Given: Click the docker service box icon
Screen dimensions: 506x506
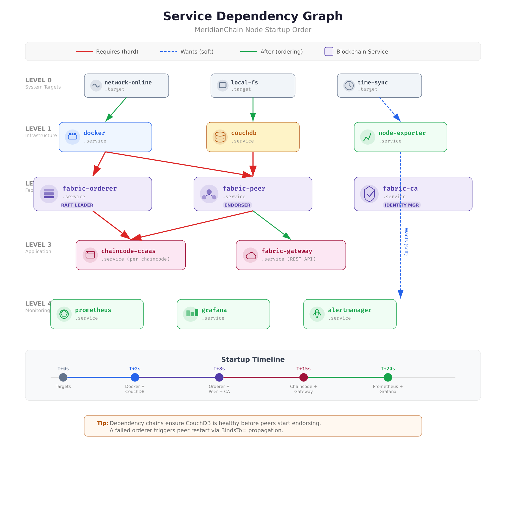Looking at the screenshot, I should pyautogui.click(x=72, y=137).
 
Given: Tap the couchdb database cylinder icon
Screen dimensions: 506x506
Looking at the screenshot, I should pyautogui.click(x=220, y=137).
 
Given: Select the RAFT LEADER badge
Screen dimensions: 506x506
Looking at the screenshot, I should pyautogui.click(x=77, y=205).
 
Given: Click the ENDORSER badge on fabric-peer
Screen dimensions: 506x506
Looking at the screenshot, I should pyautogui.click(x=237, y=205).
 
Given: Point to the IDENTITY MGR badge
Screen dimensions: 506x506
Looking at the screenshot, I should pyautogui.click(x=402, y=205).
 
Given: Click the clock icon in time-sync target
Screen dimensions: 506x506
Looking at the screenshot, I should pyautogui.click(x=349, y=86).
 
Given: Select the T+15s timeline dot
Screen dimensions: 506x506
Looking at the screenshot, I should pyautogui.click(x=303, y=377).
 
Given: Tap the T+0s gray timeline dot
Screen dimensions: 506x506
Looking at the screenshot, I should pyautogui.click(x=63, y=377).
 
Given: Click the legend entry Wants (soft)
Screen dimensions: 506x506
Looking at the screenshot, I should pyautogui.click(x=197, y=52).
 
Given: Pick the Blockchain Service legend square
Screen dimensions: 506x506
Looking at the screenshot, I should pyautogui.click(x=329, y=51).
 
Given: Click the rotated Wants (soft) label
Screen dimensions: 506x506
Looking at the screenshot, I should pyautogui.click(x=406, y=241).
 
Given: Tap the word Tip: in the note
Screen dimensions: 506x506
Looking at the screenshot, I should pyautogui.click(x=103, y=423).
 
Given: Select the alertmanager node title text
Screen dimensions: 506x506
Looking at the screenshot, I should pyautogui.click(x=350, y=310).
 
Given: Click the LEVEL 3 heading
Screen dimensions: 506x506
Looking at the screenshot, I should pyautogui.click(x=38, y=244).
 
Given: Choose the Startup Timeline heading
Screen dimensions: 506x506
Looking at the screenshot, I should pyautogui.click(x=253, y=359).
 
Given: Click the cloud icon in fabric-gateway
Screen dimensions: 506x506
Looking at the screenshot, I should pyautogui.click(x=251, y=255).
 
